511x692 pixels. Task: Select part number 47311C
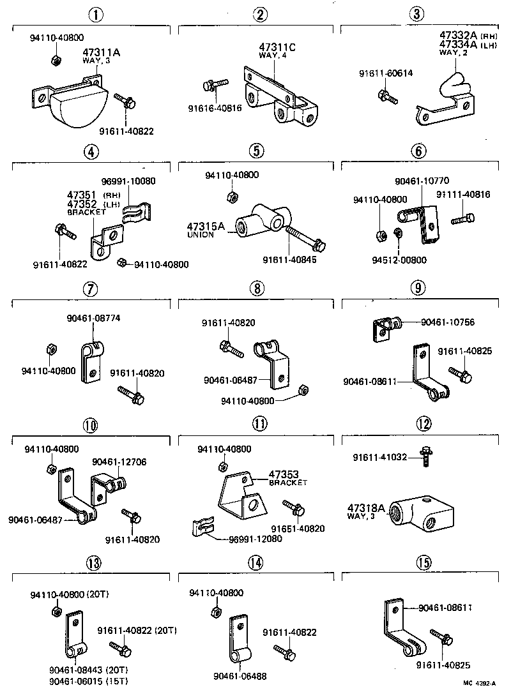(x=277, y=47)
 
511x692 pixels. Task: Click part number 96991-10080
(x=128, y=181)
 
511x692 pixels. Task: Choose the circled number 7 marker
(x=91, y=289)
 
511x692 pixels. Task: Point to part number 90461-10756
(x=447, y=322)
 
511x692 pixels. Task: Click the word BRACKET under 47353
(x=288, y=483)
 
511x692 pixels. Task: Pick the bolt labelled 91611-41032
(x=423, y=459)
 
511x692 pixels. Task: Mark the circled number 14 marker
(x=256, y=562)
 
